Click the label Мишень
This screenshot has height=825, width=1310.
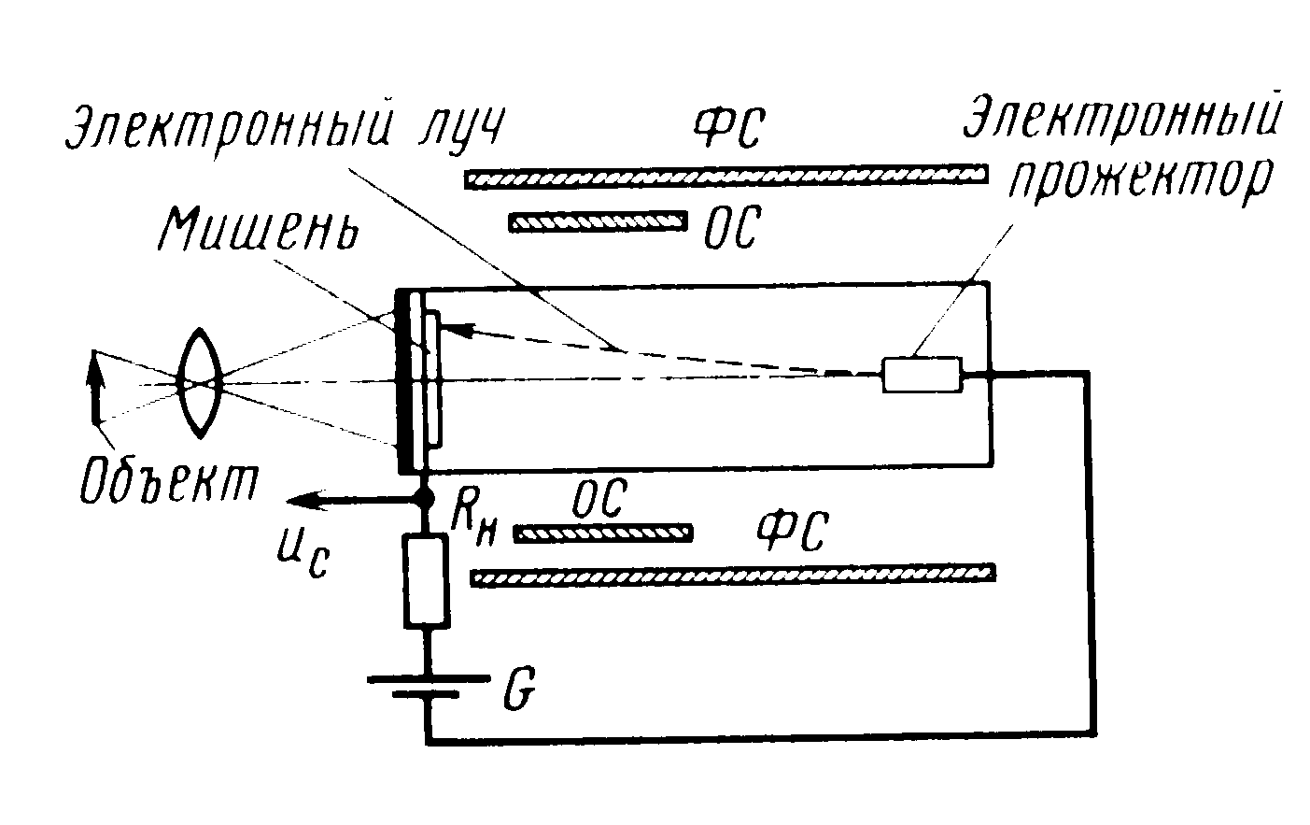click(260, 228)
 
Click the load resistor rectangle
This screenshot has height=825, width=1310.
click(426, 579)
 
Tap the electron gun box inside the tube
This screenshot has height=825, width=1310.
click(923, 375)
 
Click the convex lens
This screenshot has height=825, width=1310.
click(199, 382)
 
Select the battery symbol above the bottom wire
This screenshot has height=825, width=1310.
click(426, 687)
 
